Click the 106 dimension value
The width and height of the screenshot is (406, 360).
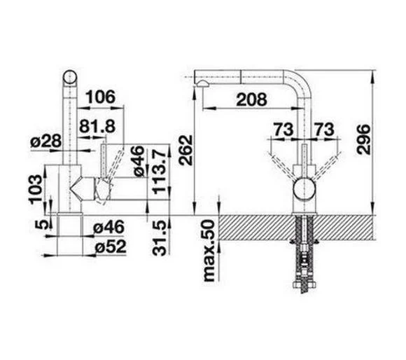(100, 97)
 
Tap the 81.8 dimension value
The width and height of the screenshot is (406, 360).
(97, 126)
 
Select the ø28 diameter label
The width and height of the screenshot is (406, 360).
(46, 141)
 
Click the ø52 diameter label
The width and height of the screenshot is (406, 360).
(111, 247)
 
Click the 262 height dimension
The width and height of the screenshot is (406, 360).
(186, 150)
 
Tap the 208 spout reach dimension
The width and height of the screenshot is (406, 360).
(251, 99)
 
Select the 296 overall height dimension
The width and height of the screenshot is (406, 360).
(363, 139)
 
